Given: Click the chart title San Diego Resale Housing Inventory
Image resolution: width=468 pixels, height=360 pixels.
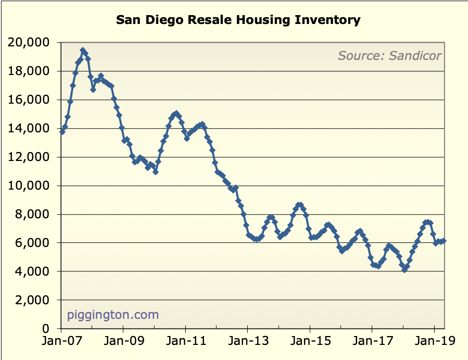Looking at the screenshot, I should tap(238, 20).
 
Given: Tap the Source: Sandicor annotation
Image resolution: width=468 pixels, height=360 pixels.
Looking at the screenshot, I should tap(389, 55).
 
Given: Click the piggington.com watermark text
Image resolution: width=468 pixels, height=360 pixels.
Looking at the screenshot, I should tap(113, 315).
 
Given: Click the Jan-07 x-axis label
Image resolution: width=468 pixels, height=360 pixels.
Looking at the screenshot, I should tap(61, 343).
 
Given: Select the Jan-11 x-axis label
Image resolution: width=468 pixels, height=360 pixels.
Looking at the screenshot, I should tap(185, 343).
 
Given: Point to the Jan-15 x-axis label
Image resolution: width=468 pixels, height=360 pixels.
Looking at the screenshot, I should tap(310, 343).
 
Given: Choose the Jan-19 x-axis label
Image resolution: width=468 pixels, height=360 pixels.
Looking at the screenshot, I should tap(434, 343).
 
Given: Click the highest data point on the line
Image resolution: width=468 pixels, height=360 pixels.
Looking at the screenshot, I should tap(83, 51).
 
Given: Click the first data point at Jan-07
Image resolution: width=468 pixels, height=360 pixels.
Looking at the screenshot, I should tap(62, 132).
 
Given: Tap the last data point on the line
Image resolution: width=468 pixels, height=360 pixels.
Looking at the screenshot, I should tap(443, 241).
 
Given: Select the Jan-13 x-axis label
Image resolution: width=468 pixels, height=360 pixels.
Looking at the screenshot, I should tap(247, 343).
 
